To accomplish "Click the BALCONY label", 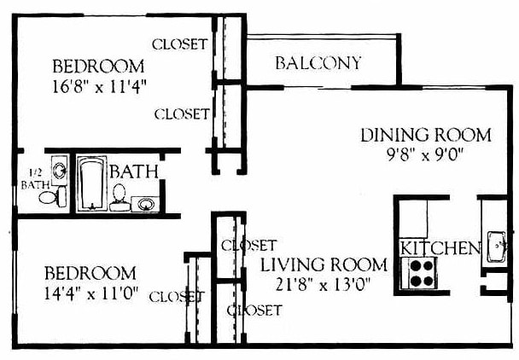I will (x=318, y=63).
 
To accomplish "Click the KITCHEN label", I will (x=440, y=248).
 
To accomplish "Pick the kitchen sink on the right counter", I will (x=497, y=247).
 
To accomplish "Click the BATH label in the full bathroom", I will (x=133, y=171).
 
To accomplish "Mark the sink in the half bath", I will (x=58, y=170).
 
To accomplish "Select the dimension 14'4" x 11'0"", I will (x=90, y=293).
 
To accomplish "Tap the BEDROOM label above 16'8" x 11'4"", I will (x=97, y=67).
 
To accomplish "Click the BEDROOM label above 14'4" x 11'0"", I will (x=90, y=273).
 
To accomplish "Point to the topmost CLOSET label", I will (x=179, y=44).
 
